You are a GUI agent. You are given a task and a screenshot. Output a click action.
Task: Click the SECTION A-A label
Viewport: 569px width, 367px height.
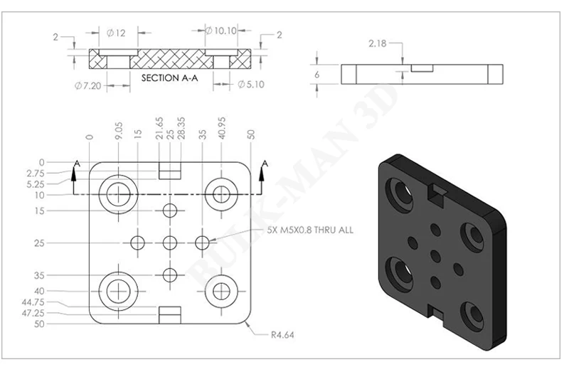pyautogui.click(x=170, y=78)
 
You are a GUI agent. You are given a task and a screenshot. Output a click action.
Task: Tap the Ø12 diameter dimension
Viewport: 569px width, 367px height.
pyautogui.click(x=116, y=33)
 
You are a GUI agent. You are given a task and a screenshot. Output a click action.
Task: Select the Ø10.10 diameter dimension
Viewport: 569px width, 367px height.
pyautogui.click(x=221, y=31)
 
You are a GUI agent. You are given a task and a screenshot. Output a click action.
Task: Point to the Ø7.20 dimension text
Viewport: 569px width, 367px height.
pyautogui.click(x=87, y=86)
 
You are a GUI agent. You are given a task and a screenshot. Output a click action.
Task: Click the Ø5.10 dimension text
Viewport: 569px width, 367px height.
pyautogui.click(x=251, y=85)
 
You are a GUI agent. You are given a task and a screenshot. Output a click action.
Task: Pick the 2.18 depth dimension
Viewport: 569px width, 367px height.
pyautogui.click(x=378, y=43)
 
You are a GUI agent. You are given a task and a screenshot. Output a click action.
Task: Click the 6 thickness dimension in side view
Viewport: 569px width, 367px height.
pyautogui.click(x=317, y=75)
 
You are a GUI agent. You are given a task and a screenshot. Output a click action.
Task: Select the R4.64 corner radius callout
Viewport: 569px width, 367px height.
pyautogui.click(x=282, y=335)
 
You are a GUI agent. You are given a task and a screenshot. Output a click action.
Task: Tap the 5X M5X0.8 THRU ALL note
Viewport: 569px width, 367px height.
pyautogui.click(x=310, y=230)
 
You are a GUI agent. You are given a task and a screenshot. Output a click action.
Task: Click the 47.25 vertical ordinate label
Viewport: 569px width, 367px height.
pyautogui.click(x=33, y=313)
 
